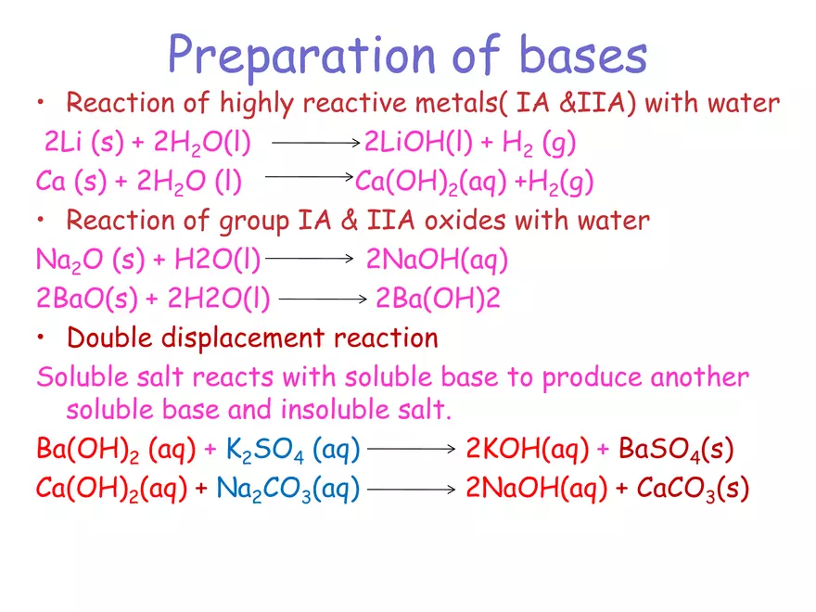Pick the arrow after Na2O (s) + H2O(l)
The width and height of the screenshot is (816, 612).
click(310, 261)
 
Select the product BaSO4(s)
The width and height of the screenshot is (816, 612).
click(676, 451)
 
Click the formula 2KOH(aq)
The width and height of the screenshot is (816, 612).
click(527, 451)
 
